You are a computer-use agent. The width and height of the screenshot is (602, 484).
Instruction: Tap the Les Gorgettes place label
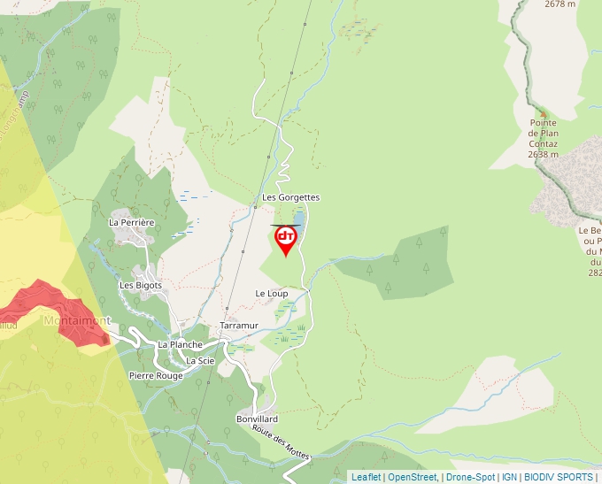[290, 197]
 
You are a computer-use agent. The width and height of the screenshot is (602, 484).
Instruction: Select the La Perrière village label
[132, 222]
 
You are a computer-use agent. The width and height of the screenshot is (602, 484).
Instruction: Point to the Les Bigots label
[141, 285]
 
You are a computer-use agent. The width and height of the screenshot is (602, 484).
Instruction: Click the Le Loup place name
[271, 293]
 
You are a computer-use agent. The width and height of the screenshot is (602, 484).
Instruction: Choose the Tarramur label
[239, 326]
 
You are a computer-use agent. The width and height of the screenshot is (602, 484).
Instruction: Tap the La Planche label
[180, 344]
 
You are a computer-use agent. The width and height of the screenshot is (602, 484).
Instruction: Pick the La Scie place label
[200, 361]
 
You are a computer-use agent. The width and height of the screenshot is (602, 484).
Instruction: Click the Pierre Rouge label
[155, 375]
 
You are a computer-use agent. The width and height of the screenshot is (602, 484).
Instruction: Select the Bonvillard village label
[258, 419]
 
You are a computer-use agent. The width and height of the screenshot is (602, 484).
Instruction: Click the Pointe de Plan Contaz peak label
[544, 138]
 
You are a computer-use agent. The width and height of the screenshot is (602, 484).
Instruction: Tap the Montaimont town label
[78, 320]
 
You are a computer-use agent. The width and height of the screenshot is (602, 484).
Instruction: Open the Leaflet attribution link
[366, 477]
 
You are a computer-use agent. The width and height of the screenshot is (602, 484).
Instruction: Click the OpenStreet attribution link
[413, 477]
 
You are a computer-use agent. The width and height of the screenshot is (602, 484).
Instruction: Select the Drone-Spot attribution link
[470, 477]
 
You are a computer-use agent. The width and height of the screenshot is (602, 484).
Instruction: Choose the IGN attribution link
[509, 477]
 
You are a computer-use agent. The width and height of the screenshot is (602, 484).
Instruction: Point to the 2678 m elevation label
[560, 4]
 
